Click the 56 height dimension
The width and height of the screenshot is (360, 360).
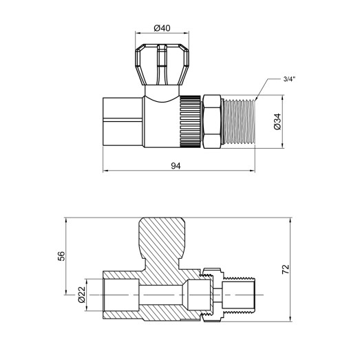point(61,255)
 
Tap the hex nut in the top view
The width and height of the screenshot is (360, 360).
point(214,121)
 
